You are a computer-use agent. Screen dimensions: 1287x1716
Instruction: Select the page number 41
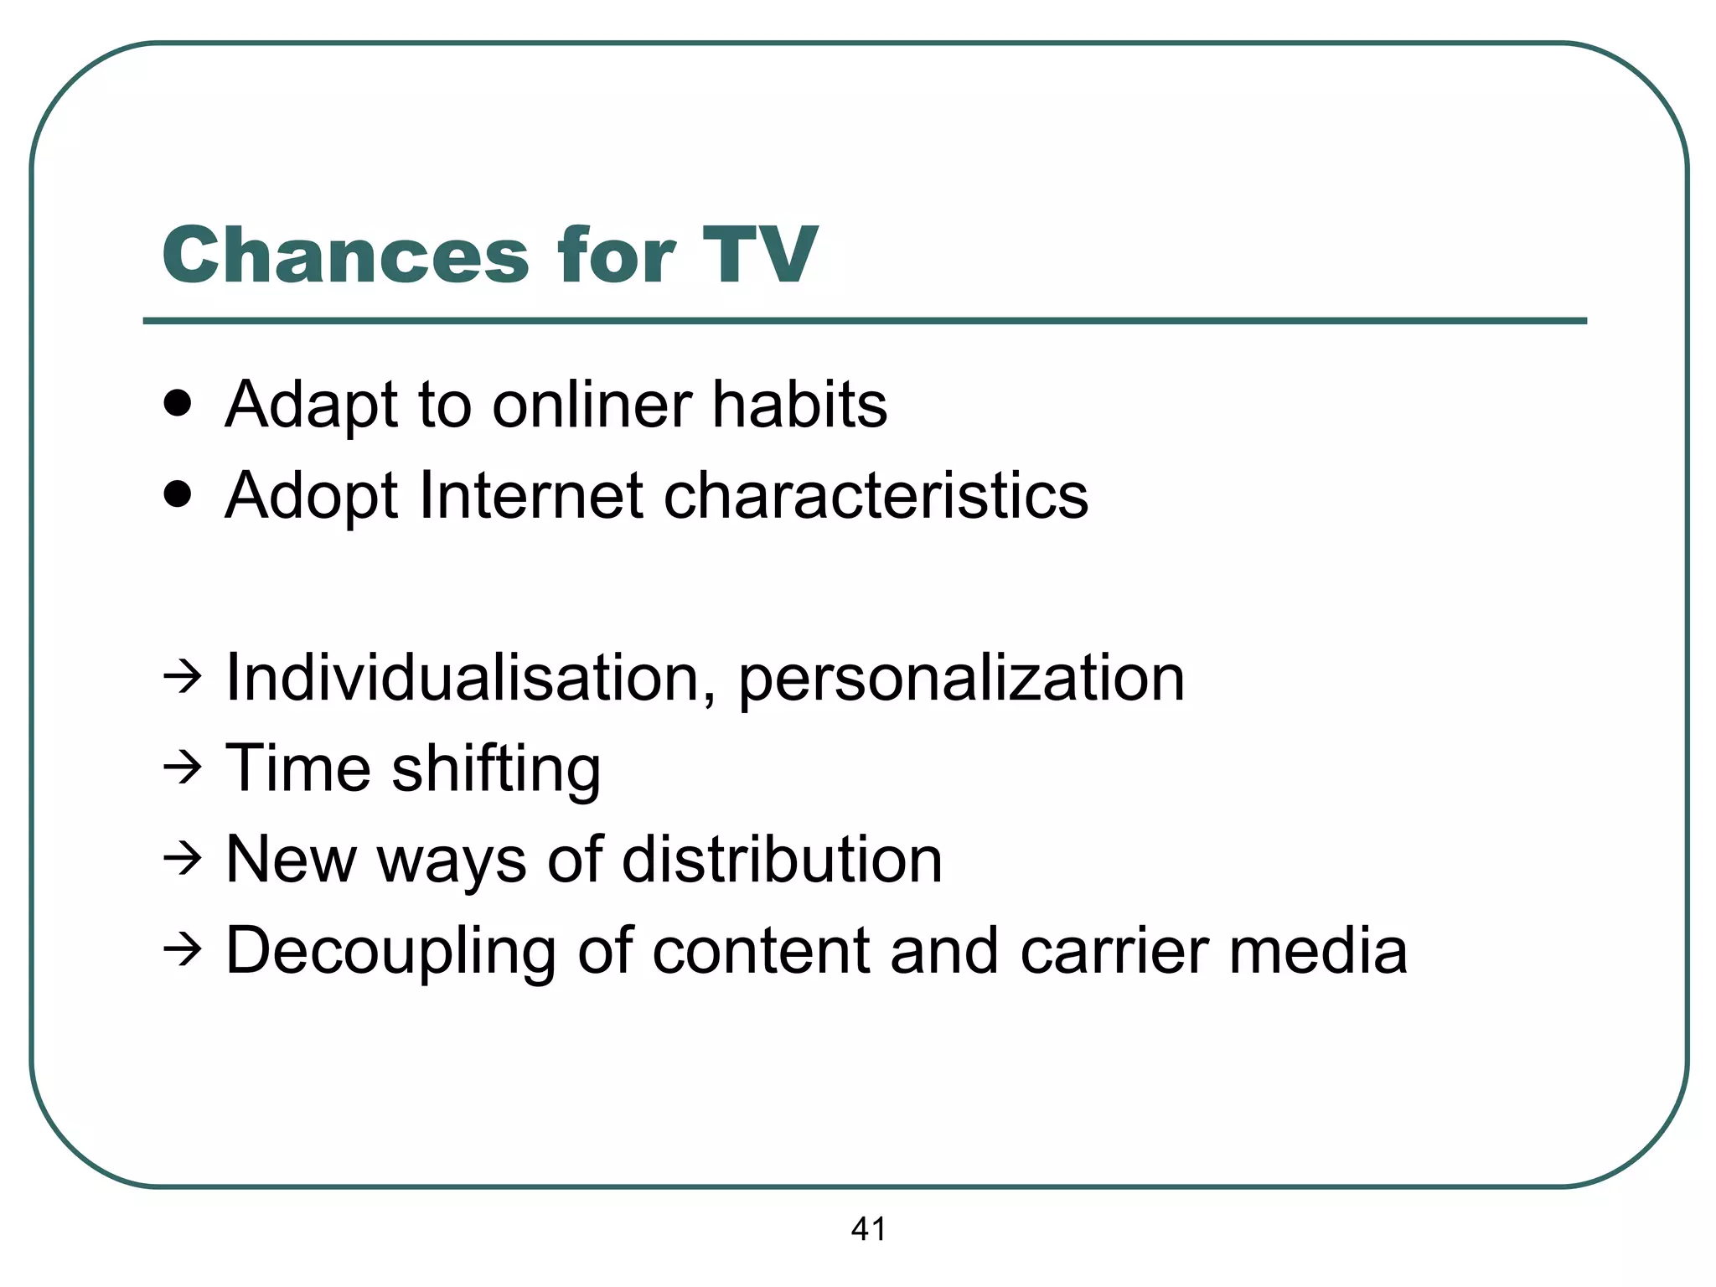(868, 1228)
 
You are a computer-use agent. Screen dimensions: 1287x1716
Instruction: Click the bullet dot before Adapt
(178, 404)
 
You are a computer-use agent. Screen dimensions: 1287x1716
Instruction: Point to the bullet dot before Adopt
(178, 495)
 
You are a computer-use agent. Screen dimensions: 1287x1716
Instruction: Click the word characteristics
(876, 495)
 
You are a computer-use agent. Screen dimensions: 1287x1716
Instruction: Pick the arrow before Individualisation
(182, 675)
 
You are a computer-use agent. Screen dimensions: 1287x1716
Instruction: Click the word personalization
(961, 679)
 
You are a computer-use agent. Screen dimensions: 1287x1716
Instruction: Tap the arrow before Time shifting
(182, 767)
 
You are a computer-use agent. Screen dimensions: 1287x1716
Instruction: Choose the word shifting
(496, 769)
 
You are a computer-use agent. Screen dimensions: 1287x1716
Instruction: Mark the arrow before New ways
(182, 858)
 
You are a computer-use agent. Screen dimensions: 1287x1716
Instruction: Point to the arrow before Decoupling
(182, 949)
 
